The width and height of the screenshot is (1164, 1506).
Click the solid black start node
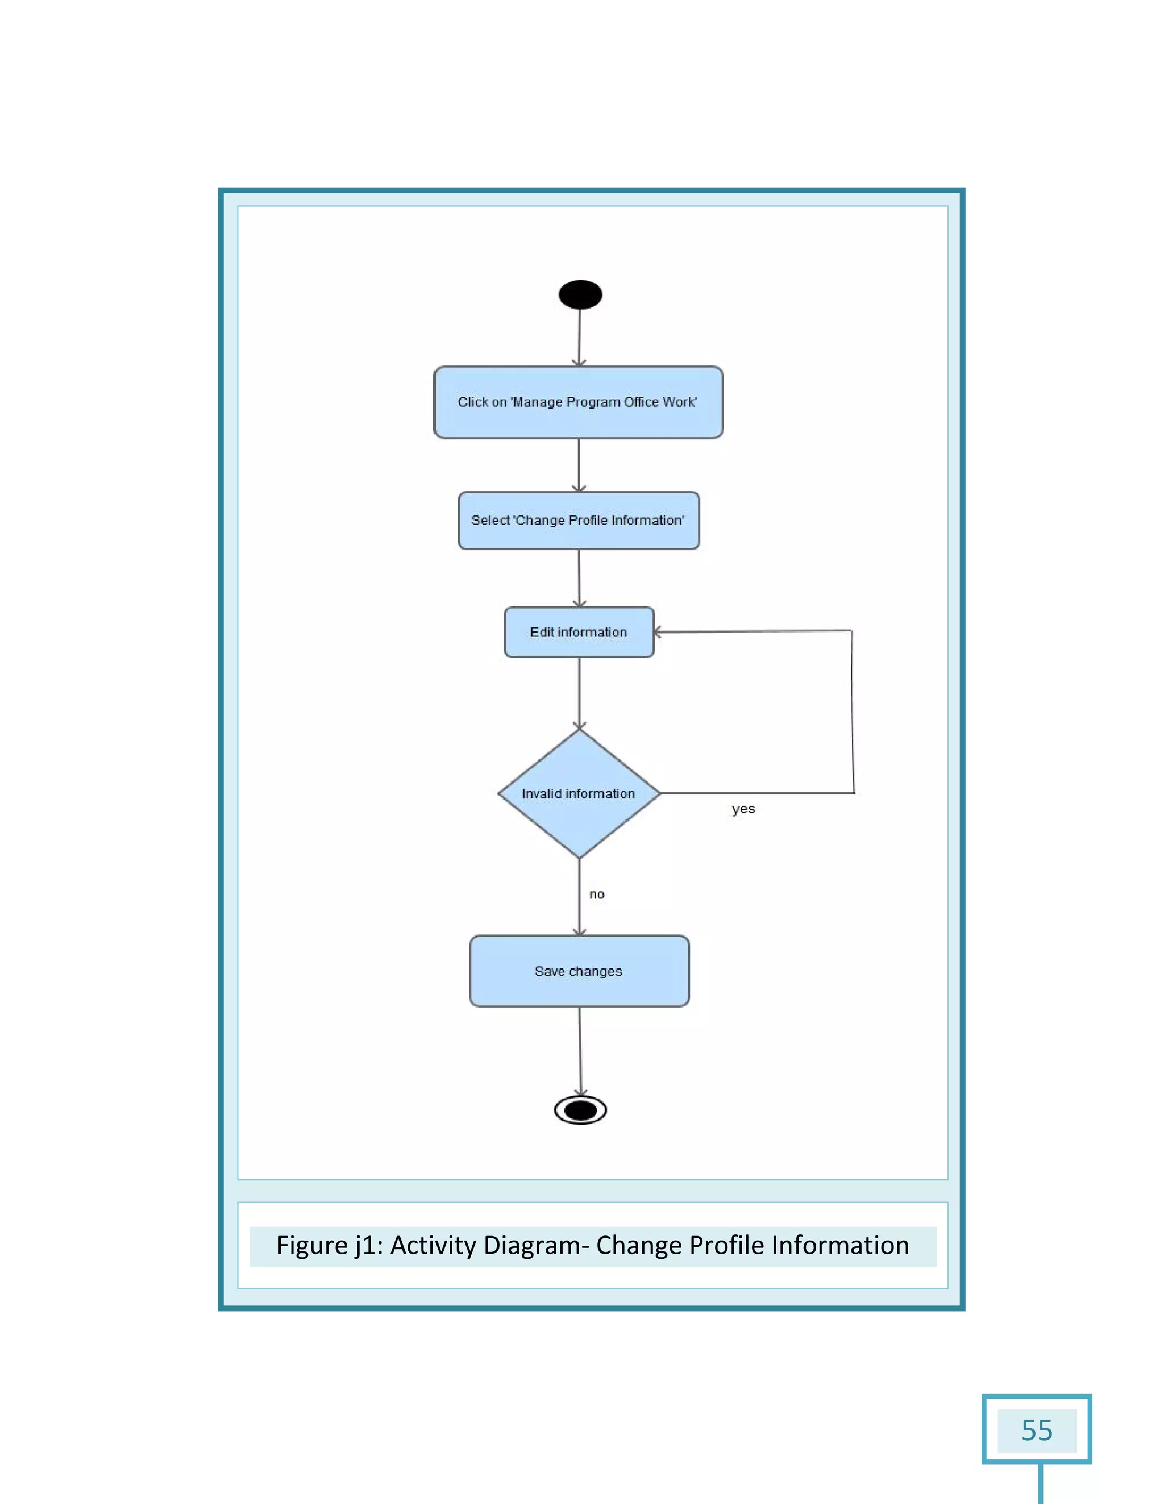pos(580,294)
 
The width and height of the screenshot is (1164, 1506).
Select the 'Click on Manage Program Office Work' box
pos(578,402)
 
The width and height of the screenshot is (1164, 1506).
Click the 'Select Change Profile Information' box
pos(578,521)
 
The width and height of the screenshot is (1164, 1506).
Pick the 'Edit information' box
pos(579,631)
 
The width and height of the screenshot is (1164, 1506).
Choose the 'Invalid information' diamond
pos(579,794)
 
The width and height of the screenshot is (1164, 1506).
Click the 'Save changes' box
pos(579,971)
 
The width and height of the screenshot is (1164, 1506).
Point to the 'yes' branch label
pos(743,809)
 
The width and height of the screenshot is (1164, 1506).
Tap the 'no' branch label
pos(596,895)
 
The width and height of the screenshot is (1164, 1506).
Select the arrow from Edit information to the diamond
pos(579,692)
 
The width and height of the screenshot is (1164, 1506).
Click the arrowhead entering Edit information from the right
pos(657,631)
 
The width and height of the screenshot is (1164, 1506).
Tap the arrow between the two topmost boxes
pos(579,465)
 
